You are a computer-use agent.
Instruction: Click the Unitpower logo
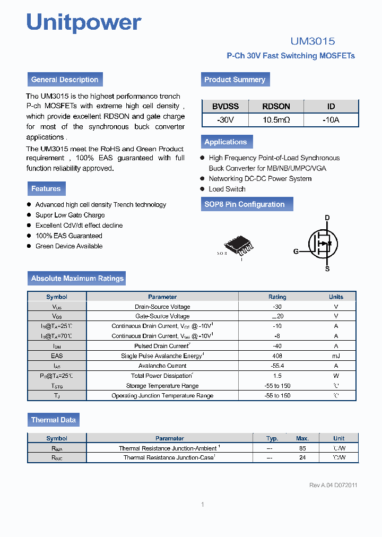[x=84, y=22]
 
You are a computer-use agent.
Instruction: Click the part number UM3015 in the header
[x=312, y=41]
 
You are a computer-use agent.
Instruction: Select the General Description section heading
[x=65, y=80]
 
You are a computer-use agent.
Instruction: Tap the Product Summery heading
[x=235, y=80]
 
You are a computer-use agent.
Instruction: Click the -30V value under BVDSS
[x=225, y=120]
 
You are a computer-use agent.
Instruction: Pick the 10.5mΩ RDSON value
[x=276, y=120]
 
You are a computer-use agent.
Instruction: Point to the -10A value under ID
[x=331, y=120]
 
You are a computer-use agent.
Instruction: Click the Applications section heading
[x=226, y=142]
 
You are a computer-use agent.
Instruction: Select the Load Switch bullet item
[x=227, y=189]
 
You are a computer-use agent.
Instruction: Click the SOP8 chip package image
[x=238, y=245]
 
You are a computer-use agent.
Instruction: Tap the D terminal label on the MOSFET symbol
[x=327, y=218]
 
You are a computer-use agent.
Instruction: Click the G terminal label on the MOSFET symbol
[x=296, y=252]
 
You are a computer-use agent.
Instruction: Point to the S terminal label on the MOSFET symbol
[x=327, y=268]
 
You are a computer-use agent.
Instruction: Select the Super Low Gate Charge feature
[x=70, y=215]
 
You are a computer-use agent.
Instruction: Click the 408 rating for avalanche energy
[x=277, y=356]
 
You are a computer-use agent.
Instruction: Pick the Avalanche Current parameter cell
[x=162, y=366]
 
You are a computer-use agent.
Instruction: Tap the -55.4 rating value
[x=277, y=366]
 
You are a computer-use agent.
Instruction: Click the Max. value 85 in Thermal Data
[x=302, y=448]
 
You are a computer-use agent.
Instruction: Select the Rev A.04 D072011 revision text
[x=333, y=485]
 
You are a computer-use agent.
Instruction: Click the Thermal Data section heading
[x=53, y=420]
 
